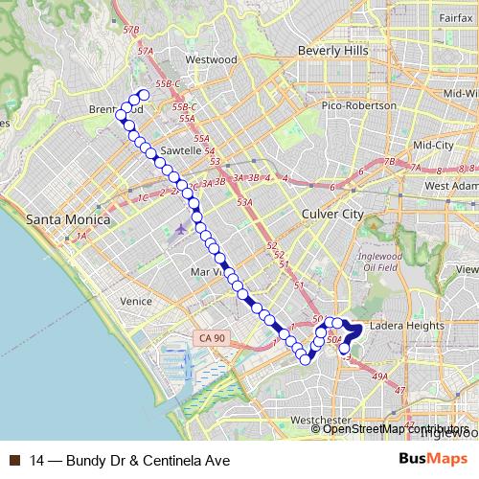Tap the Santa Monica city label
coord(67,219)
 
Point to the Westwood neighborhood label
coord(211,59)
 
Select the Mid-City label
coord(432,145)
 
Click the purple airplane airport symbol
coord(182,230)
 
